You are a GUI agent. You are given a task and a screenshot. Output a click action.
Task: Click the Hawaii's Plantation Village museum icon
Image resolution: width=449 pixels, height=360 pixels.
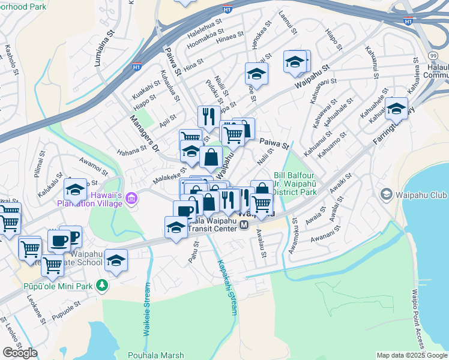[x=132, y=197]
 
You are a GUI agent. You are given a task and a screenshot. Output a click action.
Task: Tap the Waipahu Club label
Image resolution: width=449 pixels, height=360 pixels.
[x=418, y=194]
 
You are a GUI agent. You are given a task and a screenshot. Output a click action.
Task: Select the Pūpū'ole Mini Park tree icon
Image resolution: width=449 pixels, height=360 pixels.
[x=103, y=286]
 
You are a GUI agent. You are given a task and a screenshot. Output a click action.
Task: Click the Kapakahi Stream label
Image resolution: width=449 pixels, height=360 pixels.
[x=228, y=287]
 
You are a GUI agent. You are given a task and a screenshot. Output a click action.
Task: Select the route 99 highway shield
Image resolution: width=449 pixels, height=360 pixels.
[x=433, y=55]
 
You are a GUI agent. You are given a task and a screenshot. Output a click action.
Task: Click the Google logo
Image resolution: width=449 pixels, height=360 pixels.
[x=20, y=353]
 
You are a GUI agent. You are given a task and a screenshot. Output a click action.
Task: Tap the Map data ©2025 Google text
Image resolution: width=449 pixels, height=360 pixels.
[x=412, y=355]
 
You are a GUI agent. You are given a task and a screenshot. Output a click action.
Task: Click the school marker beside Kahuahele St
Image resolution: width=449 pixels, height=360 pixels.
[x=396, y=109]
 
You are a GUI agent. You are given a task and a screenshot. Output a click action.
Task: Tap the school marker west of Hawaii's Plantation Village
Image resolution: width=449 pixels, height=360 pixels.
[x=75, y=190]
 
